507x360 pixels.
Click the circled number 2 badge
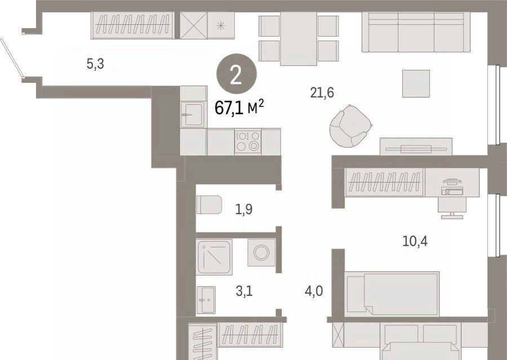click(237, 74)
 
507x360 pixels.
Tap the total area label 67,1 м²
click(239, 108)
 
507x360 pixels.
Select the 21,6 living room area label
click(322, 93)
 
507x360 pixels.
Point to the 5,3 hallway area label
click(95, 64)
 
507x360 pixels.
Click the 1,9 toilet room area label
click(244, 210)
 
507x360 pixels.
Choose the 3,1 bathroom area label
click(244, 291)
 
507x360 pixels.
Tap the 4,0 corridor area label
click(314, 291)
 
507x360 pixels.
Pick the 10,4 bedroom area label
click(415, 241)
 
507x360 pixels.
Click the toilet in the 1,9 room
click(209, 205)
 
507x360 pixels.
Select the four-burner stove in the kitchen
click(248, 141)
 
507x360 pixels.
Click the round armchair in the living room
click(350, 126)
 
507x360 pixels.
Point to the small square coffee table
click(416, 83)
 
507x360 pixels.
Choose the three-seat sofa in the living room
click(416, 32)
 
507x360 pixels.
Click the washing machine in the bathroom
click(261, 252)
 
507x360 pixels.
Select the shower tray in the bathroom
click(214, 257)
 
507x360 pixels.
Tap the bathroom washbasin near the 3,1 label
click(206, 300)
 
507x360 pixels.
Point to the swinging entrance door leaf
click(12, 58)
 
